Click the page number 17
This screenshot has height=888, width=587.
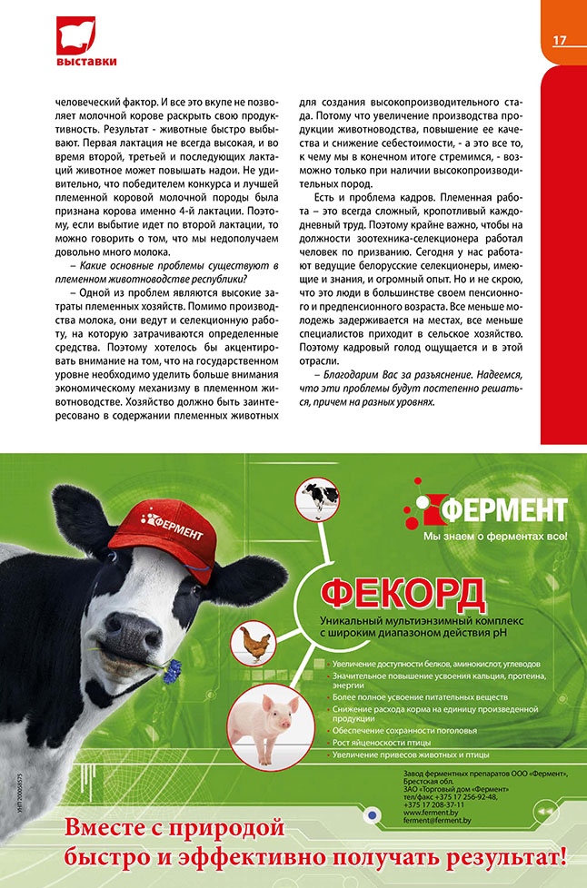pyautogui.click(x=560, y=40)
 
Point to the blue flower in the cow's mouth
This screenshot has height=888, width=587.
pyautogui.click(x=171, y=672)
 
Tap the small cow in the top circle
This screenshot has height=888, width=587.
pyautogui.click(x=320, y=496)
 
